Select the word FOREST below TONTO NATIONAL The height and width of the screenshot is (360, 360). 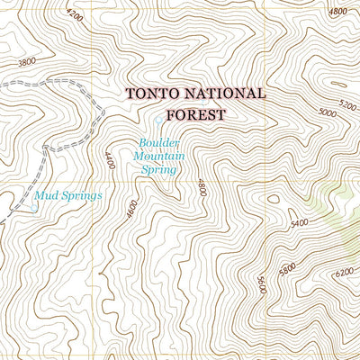click(195, 114)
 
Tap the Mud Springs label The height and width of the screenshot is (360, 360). click(67, 194)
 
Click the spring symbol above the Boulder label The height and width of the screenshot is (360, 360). click(158, 121)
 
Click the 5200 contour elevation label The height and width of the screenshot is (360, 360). click(347, 103)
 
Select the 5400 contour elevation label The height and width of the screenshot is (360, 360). click(299, 222)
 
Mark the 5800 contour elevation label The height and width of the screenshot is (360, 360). click(286, 269)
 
